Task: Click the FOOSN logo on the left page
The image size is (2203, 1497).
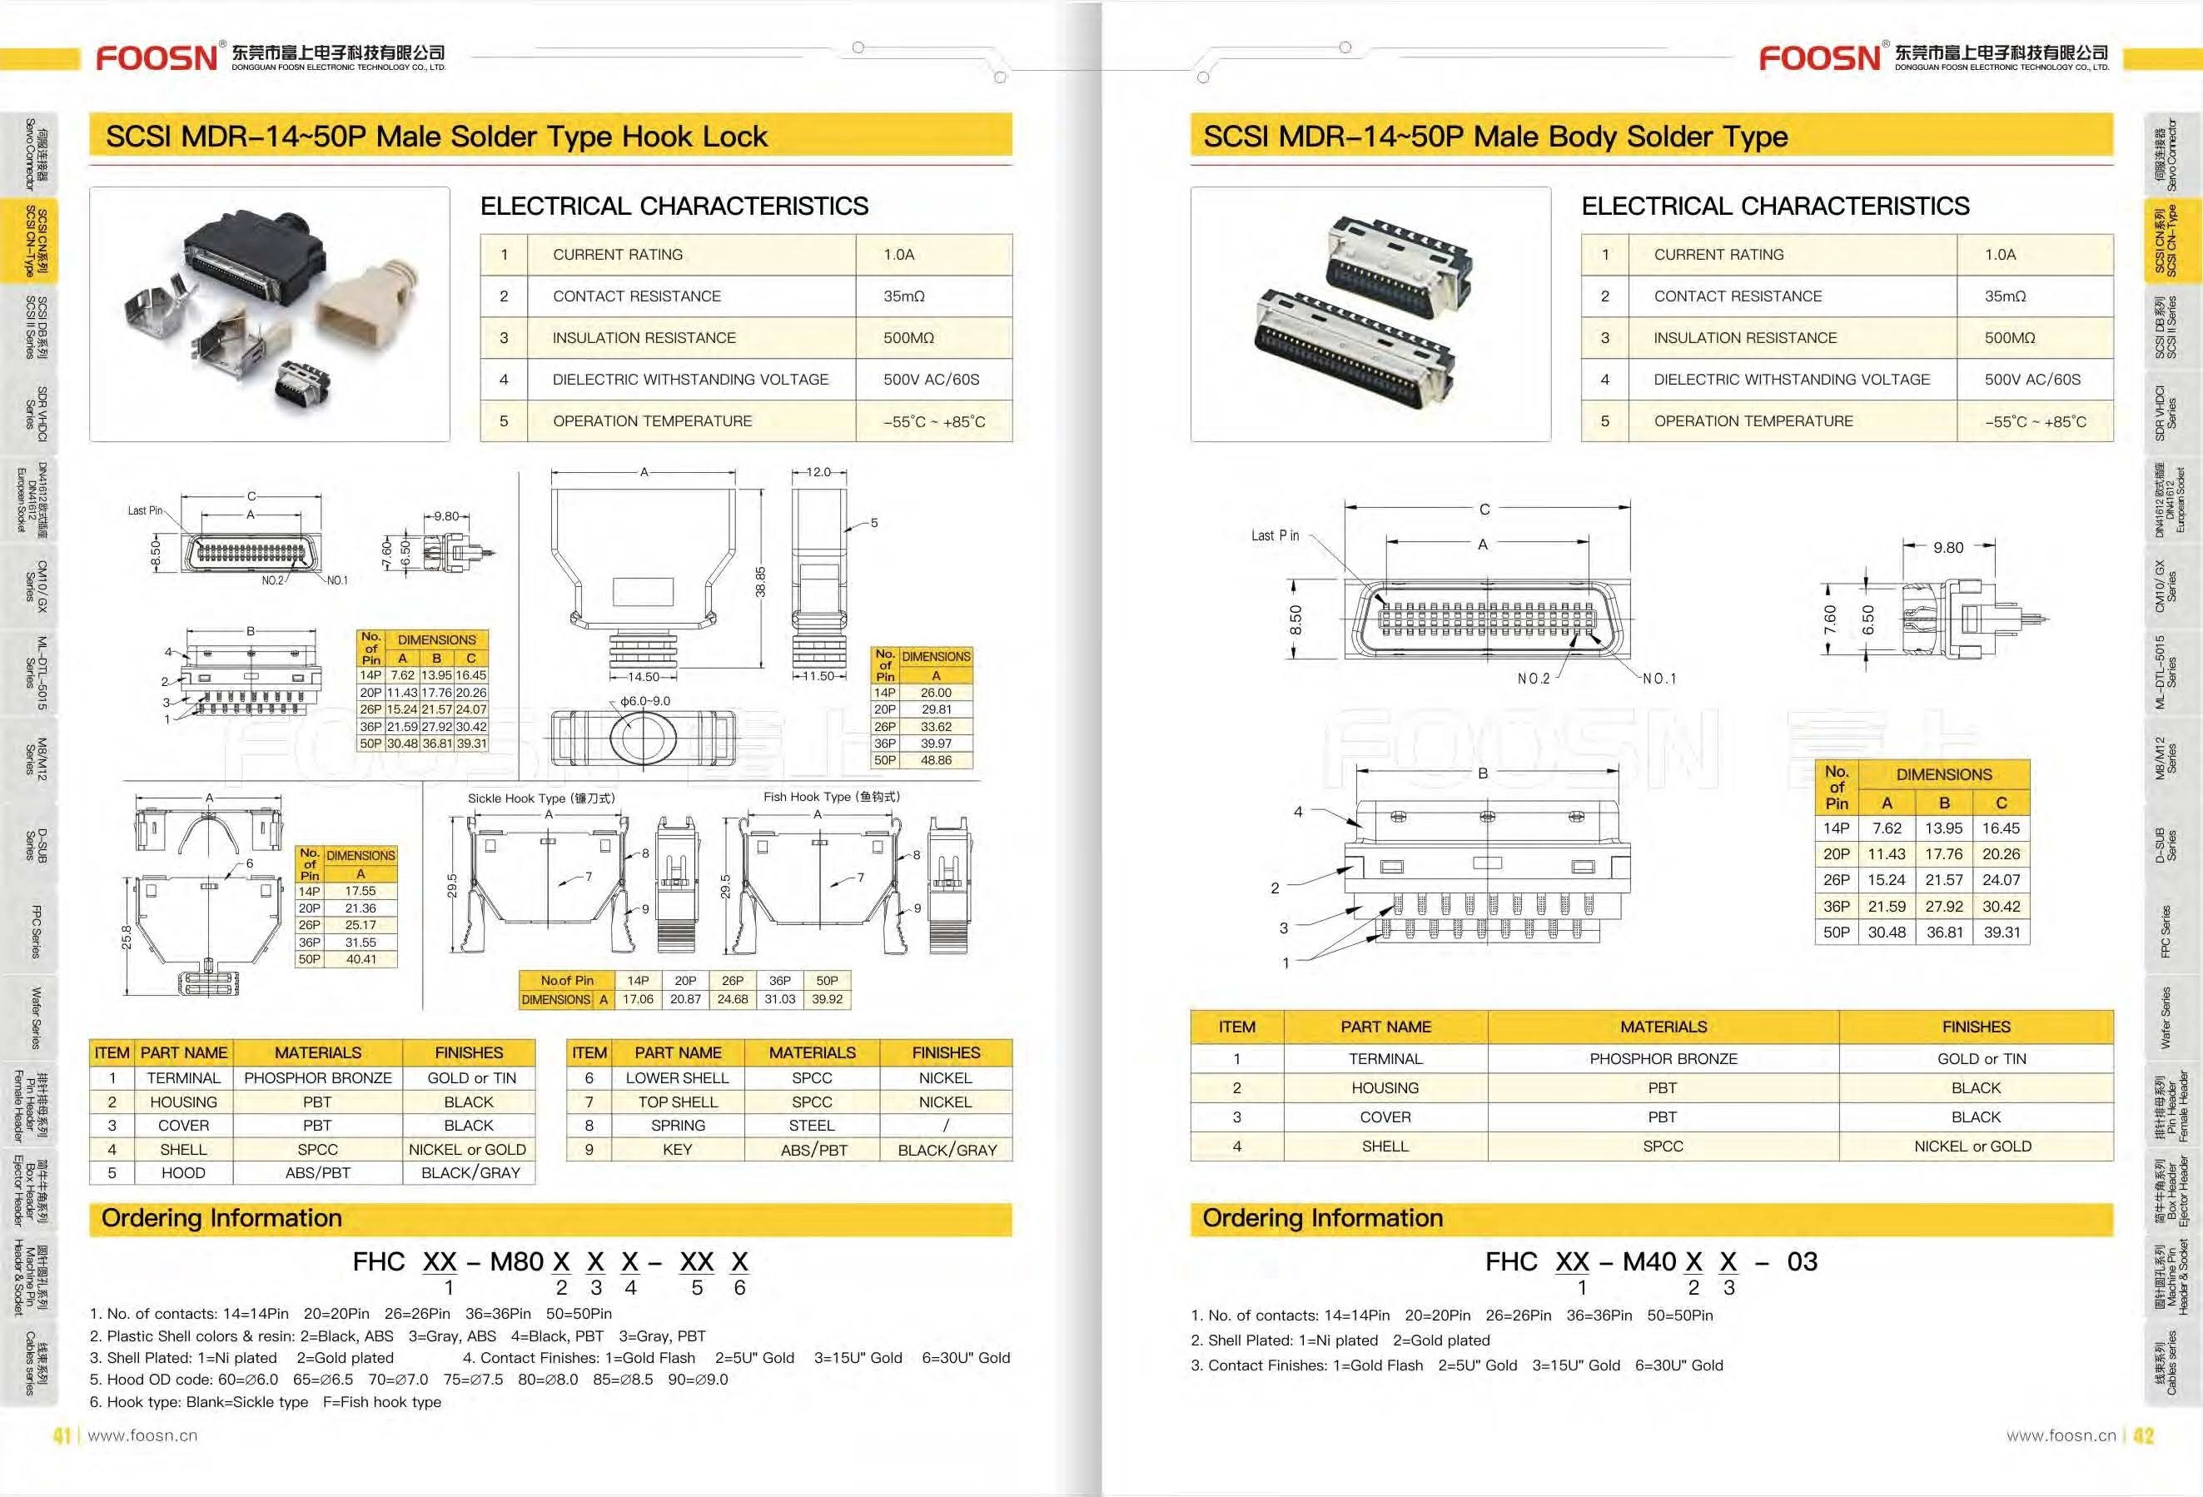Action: [x=157, y=57]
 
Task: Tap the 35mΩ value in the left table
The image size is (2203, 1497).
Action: [x=903, y=296]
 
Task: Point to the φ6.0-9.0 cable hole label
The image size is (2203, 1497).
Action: [x=644, y=700]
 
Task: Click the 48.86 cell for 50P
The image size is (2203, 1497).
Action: [x=936, y=760]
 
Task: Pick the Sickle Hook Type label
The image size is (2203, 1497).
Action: [x=540, y=798]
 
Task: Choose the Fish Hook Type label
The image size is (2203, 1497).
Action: [x=832, y=797]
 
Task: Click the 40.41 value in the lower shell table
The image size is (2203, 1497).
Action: [x=361, y=959]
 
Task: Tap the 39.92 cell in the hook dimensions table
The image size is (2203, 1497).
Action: [x=827, y=999]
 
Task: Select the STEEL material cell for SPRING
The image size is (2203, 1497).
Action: [x=812, y=1126]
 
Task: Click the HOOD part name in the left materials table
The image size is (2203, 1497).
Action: [x=183, y=1173]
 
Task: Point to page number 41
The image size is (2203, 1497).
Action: [x=62, y=1435]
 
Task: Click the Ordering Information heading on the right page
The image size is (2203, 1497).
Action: [x=1322, y=1218]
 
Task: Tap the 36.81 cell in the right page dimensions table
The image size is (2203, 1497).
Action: [x=1944, y=932]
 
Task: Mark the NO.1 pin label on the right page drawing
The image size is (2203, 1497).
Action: [x=1658, y=679]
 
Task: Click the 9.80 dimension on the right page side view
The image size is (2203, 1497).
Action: [x=1948, y=548]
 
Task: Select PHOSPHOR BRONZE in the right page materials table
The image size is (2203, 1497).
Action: [x=1663, y=1059]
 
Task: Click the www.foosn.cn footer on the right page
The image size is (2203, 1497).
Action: [x=2060, y=1435]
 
